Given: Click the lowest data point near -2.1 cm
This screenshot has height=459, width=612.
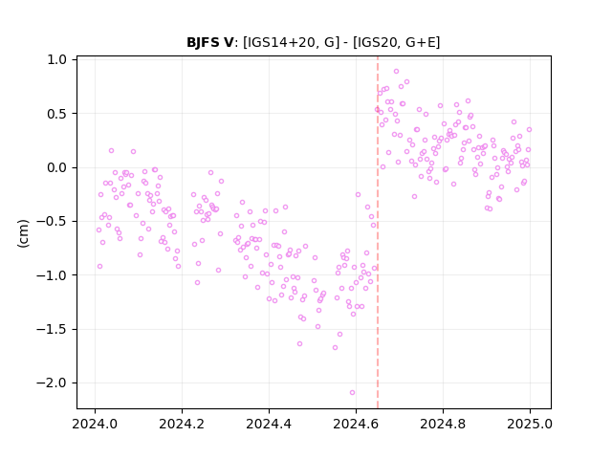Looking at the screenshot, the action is (x=352, y=393).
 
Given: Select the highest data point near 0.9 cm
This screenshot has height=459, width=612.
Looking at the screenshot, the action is (x=396, y=72).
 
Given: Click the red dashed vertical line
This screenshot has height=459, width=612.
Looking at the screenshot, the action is (x=378, y=232).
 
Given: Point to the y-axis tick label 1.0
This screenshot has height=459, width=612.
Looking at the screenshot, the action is (x=57, y=59).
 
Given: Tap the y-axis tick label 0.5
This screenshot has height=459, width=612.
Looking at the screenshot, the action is (x=57, y=114).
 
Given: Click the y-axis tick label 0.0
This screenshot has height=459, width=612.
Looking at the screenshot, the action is (x=57, y=168).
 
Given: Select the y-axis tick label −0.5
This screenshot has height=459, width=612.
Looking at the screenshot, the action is (x=52, y=222).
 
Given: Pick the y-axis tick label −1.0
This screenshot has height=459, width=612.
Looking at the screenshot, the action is (x=52, y=275).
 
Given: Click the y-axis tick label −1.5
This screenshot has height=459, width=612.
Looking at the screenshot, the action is (x=52, y=329).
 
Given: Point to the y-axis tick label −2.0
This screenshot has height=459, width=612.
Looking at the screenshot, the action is (x=52, y=383).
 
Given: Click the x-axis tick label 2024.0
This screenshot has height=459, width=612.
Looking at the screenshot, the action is (x=95, y=424).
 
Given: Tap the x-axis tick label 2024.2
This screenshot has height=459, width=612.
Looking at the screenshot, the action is (x=182, y=424).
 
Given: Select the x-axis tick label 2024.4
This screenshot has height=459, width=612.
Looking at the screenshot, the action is (x=269, y=424).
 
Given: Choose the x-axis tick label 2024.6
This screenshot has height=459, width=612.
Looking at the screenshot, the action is (x=356, y=424).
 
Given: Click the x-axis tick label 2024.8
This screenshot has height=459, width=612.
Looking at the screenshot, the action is (x=443, y=424).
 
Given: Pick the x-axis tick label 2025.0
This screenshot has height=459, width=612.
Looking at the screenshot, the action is (x=530, y=424).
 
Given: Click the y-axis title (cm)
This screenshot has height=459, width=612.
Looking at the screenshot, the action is (x=23, y=233).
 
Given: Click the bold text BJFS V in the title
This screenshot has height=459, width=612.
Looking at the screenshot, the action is (x=210, y=42).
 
